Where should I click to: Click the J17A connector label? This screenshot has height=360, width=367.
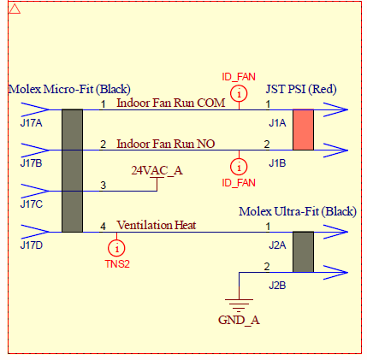point(31,123)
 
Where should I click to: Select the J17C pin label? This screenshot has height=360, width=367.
point(32,204)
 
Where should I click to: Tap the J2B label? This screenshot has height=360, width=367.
point(277,286)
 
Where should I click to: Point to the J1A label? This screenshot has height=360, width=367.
point(277,123)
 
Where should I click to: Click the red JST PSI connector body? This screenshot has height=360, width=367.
point(303,129)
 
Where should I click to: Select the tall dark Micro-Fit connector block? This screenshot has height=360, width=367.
point(72,170)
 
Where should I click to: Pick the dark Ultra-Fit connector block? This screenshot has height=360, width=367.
point(303,251)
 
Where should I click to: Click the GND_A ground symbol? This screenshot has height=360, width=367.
point(239,305)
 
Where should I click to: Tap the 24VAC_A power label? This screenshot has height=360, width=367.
point(157,170)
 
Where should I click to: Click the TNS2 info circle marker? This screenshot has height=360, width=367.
point(116,248)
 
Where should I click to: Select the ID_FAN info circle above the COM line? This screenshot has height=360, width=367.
point(239,93)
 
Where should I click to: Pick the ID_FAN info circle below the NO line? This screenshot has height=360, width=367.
point(239,167)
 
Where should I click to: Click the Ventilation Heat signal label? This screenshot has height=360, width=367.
point(157,225)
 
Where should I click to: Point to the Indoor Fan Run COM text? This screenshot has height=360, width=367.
point(171,103)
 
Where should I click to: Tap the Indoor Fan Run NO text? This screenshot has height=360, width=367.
point(166,144)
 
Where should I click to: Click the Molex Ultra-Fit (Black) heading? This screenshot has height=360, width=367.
point(298,211)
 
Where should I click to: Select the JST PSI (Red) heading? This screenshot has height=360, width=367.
point(301,89)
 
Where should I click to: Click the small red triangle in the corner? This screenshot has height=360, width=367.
point(15,9)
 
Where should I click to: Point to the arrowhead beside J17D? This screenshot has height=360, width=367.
point(35,232)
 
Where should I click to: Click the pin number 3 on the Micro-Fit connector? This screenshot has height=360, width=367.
point(104,186)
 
